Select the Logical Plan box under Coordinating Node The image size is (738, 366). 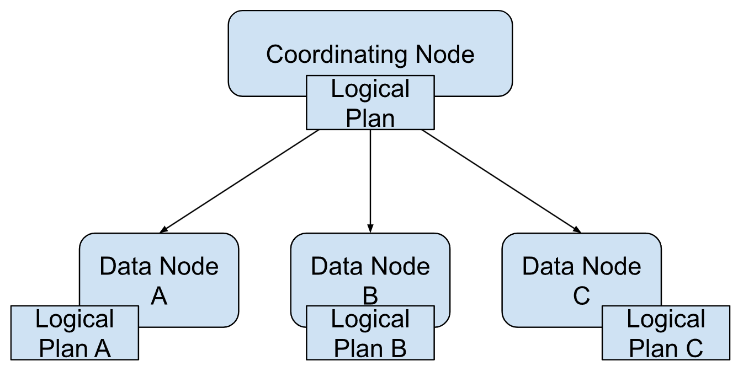point(370,103)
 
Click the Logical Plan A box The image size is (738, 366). point(75,333)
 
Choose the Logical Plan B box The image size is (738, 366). point(370,333)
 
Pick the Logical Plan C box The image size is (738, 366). point(666,333)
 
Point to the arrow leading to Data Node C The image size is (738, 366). point(501,180)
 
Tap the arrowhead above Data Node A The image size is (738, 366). point(163,229)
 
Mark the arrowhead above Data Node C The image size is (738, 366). point(577,229)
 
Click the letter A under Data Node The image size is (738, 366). point(159,296)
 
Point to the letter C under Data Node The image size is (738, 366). point(581,296)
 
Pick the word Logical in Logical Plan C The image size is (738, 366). point(666,320)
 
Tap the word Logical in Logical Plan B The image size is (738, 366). point(370,320)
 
